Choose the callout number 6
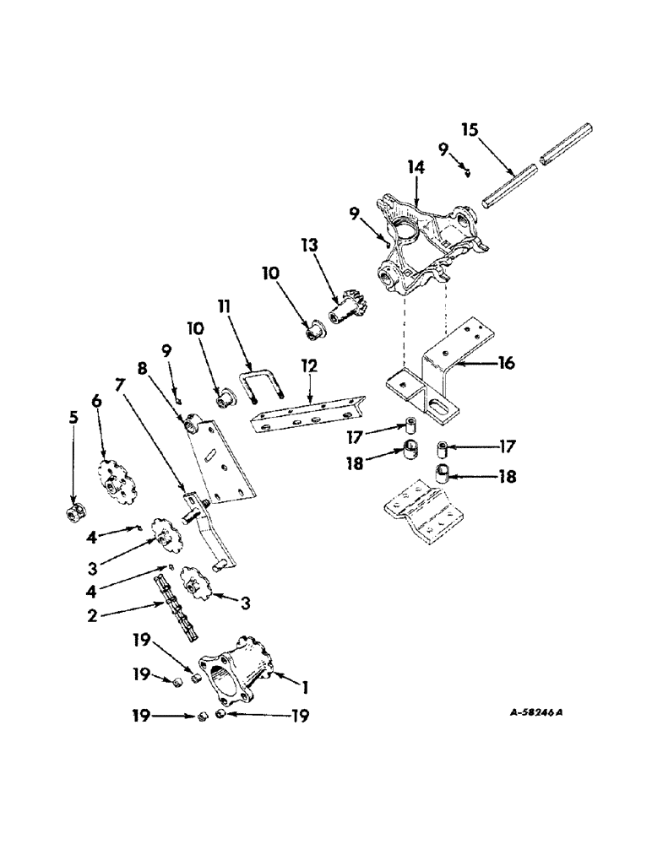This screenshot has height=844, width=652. (x=96, y=403)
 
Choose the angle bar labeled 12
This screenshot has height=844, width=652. (x=308, y=409)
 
